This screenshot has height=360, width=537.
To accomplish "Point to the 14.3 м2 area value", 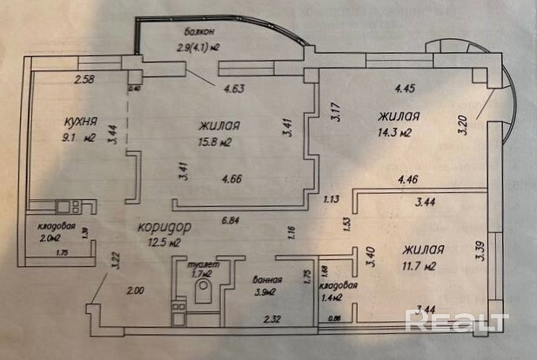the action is [393, 132].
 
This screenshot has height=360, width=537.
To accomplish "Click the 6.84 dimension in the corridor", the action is [232, 219].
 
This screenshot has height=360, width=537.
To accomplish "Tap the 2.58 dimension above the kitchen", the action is [84, 81].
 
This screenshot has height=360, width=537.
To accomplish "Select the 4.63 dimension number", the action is [235, 88].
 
